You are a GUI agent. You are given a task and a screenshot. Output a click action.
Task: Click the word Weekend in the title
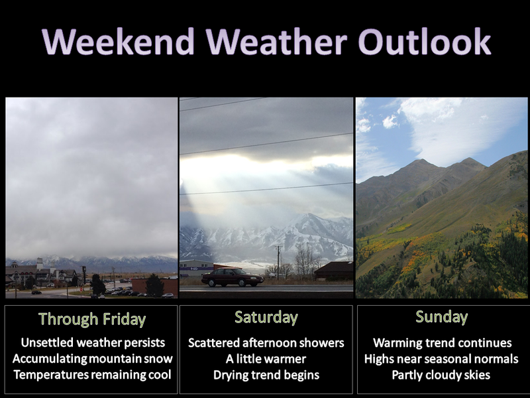[119, 41]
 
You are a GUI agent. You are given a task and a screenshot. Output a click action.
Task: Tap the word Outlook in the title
[425, 41]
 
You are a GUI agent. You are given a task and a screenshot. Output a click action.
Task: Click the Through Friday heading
[92, 319]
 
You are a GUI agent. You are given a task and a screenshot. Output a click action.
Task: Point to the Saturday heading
[266, 318]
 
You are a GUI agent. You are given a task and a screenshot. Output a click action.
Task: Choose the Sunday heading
[441, 317]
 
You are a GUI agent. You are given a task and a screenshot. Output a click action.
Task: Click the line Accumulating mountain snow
[92, 359]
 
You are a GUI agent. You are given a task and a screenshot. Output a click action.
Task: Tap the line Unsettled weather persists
[93, 342]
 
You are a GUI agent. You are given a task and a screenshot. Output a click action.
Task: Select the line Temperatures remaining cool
[92, 375]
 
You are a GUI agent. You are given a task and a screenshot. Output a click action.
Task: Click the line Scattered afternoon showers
[266, 343]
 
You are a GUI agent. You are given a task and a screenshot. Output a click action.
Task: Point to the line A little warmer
[266, 359]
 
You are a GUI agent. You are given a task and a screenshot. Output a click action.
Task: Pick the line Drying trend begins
[266, 375]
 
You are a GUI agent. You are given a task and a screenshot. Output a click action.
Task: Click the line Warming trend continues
[442, 343]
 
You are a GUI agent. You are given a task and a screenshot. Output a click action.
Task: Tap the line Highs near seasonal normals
[441, 359]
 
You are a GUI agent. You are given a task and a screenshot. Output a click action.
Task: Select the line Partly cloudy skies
[441, 375]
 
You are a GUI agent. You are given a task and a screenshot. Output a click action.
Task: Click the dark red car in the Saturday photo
[233, 277]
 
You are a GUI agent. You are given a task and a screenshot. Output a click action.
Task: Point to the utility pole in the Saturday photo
[278, 262]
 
